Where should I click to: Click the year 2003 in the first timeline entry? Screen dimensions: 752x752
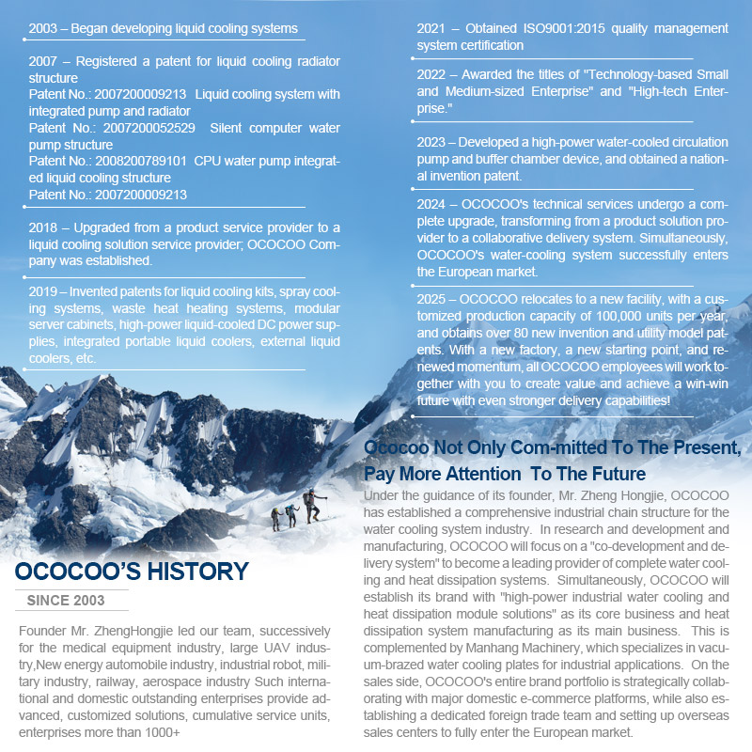tap(43, 29)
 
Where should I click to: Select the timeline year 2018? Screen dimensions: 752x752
tap(43, 228)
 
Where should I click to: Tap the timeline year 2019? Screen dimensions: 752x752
tap(43, 292)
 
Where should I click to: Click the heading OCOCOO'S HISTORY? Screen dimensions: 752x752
tap(132, 572)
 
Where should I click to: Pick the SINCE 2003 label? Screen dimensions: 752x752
tap(66, 600)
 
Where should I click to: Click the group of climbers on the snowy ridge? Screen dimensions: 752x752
tap(294, 511)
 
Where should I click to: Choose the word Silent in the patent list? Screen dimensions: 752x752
tap(229, 128)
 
